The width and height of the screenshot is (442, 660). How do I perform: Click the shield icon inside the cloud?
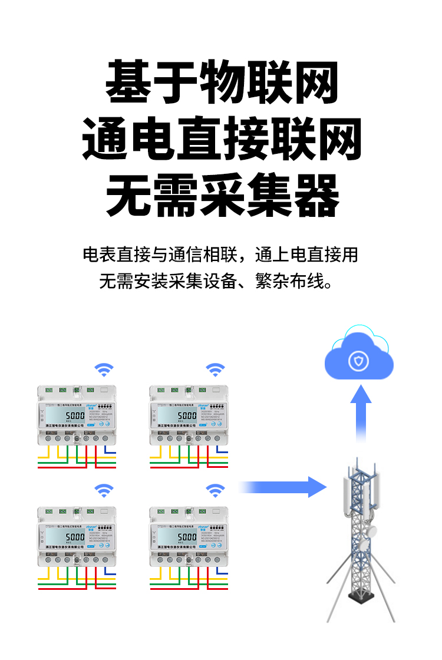[358, 361]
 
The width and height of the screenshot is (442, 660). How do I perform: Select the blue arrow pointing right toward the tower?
[283, 487]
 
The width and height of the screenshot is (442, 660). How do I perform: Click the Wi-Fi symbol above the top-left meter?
[104, 370]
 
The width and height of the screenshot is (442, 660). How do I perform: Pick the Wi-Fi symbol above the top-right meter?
[215, 370]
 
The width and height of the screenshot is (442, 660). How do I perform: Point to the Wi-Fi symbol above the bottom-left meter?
[104, 490]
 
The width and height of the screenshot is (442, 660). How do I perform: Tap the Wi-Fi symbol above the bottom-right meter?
[215, 490]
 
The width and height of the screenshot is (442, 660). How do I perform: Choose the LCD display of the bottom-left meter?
[68, 537]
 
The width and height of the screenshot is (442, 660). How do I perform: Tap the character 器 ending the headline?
[316, 195]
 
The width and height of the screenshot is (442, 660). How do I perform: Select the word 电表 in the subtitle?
[99, 256]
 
